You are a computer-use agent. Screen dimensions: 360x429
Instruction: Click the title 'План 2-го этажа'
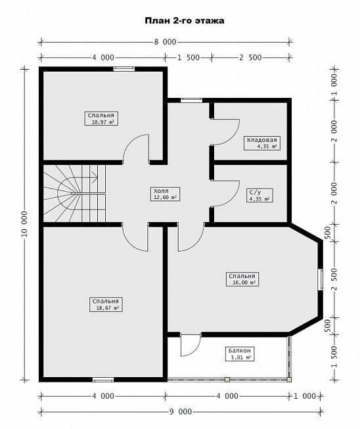click(185, 21)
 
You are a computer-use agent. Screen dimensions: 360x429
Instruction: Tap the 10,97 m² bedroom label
click(101, 118)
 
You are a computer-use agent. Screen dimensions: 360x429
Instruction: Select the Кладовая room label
click(262, 143)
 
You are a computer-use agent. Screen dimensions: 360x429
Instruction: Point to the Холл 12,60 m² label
click(165, 194)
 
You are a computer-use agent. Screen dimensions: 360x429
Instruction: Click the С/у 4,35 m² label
click(259, 195)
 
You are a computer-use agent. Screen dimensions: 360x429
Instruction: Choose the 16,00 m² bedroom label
click(242, 279)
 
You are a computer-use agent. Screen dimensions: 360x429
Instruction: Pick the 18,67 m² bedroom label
click(106, 305)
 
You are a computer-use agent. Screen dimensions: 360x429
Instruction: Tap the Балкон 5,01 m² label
click(240, 354)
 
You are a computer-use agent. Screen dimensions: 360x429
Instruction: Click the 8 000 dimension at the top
click(165, 42)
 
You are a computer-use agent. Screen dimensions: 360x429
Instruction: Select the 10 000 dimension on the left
click(24, 223)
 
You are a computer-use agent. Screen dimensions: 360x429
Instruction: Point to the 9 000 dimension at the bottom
click(181, 411)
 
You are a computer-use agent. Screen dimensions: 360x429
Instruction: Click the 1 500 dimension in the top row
click(189, 58)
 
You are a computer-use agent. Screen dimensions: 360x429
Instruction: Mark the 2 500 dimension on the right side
click(334, 280)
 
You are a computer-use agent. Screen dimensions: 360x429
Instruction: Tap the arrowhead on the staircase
click(95, 177)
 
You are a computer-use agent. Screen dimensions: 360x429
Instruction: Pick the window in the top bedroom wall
click(124, 69)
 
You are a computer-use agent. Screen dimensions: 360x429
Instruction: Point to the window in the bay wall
click(320, 279)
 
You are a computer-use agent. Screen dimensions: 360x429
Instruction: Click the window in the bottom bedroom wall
click(103, 380)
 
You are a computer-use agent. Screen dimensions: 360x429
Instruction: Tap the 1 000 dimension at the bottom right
click(305, 396)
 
